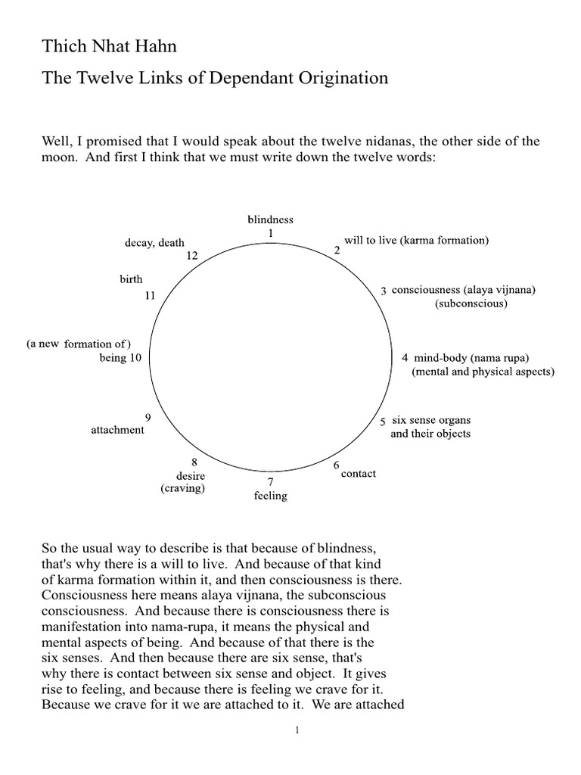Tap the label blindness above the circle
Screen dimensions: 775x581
270,219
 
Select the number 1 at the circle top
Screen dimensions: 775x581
270,233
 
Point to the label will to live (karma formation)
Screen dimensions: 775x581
416,241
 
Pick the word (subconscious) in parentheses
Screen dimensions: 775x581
471,303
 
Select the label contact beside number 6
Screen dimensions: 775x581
359,474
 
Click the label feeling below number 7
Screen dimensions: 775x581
270,496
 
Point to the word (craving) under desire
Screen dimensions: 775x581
182,489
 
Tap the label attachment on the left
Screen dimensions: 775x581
117,430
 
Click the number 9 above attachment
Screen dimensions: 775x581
148,417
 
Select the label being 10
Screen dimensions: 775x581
120,358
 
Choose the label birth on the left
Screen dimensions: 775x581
131,279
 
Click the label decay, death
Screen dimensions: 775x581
154,243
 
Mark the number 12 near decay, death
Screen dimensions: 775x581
191,257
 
